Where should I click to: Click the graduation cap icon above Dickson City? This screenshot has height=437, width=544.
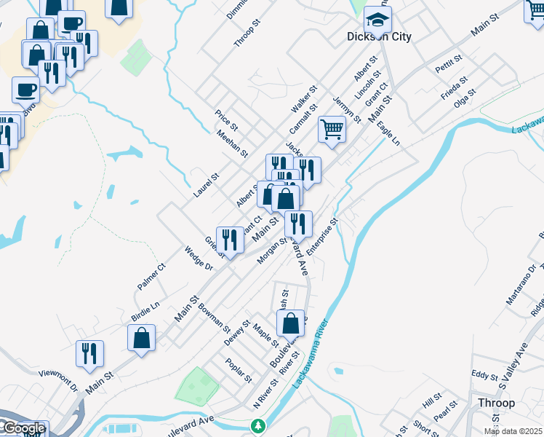(x=377, y=19)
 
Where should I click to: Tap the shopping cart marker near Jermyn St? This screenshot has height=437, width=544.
(x=332, y=130)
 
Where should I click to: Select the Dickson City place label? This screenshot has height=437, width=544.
(x=379, y=36)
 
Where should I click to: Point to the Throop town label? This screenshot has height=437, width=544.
(x=497, y=403)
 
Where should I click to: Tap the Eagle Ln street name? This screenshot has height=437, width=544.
(x=389, y=133)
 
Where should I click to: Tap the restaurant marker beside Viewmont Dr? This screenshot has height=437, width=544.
(x=90, y=354)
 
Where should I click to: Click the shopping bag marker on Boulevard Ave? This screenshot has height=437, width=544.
(x=290, y=323)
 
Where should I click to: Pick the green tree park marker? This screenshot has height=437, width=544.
(x=257, y=425)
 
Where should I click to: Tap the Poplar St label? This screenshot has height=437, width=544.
(x=238, y=371)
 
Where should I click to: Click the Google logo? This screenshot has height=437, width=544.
(x=23, y=428)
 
